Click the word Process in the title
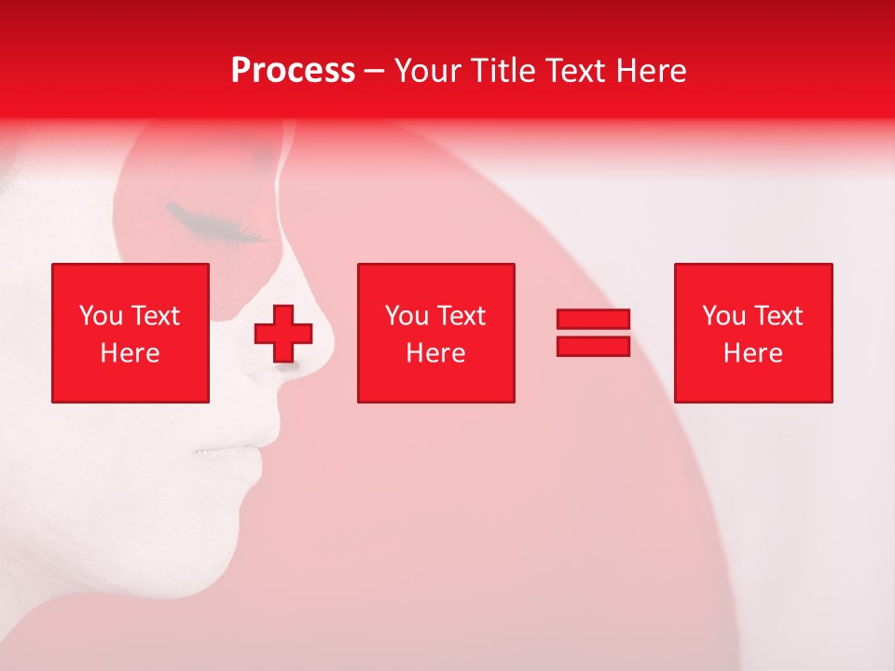(x=293, y=71)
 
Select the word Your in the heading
(x=425, y=71)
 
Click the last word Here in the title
(x=652, y=71)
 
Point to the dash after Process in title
(x=375, y=72)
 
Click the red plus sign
(x=283, y=334)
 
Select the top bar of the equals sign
(x=593, y=319)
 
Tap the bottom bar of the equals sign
(x=593, y=347)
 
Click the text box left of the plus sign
(x=131, y=333)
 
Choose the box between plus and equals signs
(x=435, y=333)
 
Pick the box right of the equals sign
(x=752, y=333)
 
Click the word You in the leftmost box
(x=100, y=316)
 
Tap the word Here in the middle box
(x=435, y=353)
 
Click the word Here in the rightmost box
(x=752, y=353)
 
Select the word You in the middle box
(x=406, y=316)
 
